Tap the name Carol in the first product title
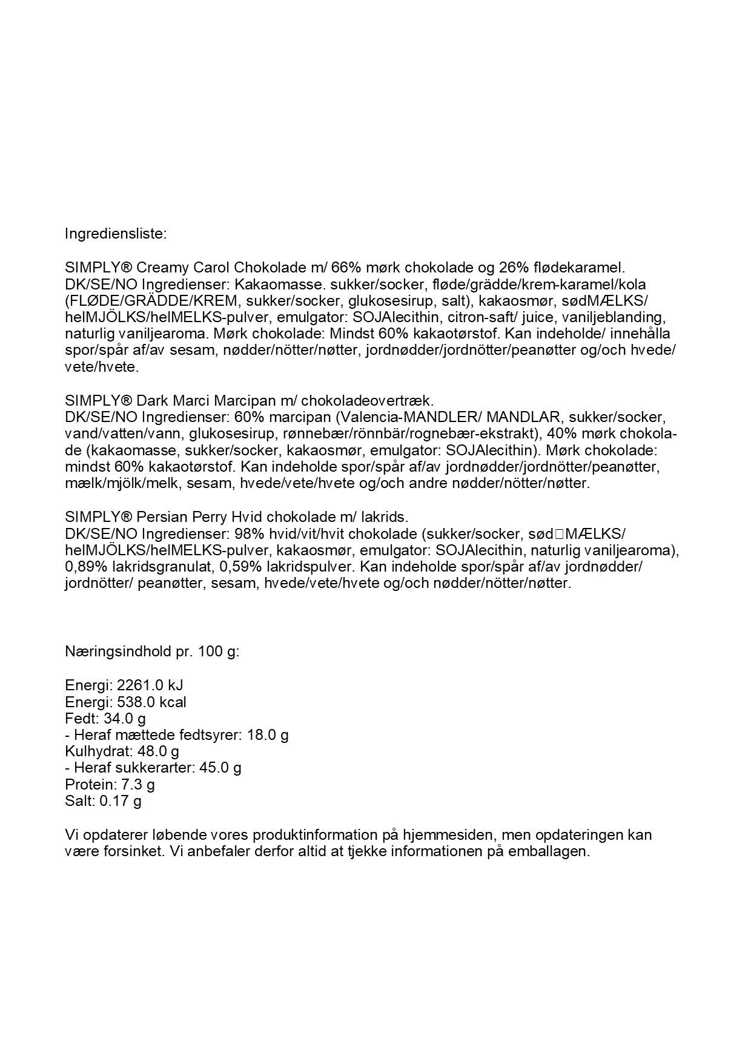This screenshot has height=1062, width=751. tap(212, 268)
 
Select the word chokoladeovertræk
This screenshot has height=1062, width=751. tap(367, 401)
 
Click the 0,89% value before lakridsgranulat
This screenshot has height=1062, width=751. tap(85, 567)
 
